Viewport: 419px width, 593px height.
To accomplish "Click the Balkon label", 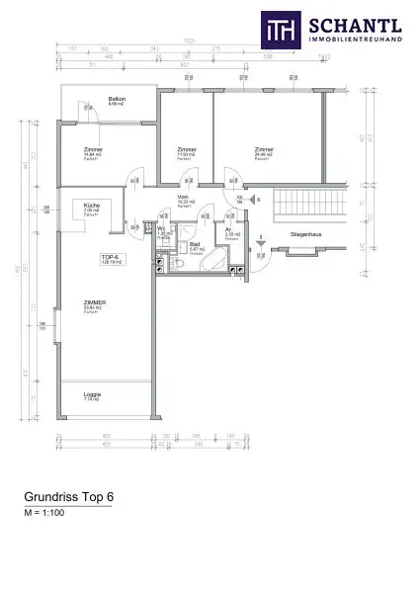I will (115, 101).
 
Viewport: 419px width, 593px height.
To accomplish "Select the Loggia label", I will (92, 394).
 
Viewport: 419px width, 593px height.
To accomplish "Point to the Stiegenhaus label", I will (303, 234).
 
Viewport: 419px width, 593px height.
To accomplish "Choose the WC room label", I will (163, 230).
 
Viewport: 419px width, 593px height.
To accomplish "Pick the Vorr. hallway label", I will (184, 198).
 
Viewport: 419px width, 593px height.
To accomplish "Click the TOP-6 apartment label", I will (110, 259).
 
